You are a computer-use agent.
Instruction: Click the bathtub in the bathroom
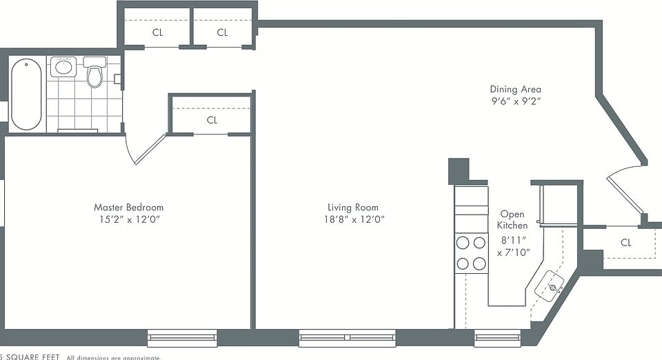[x=26, y=94]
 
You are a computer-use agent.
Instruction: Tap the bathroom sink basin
[x=64, y=67]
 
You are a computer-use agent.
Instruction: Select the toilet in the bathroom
[x=94, y=73]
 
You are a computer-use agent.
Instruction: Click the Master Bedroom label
[x=129, y=208]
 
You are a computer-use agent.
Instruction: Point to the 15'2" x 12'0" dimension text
[x=129, y=219]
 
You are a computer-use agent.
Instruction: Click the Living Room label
[x=352, y=208]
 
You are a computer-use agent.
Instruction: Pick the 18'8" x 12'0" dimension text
[x=352, y=219]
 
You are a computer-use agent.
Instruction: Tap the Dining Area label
[x=515, y=89]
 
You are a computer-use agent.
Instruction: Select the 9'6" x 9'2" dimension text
[x=515, y=101]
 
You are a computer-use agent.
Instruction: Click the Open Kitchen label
[x=513, y=220]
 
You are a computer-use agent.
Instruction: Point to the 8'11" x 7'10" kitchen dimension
[x=513, y=247]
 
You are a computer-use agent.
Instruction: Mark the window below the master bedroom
[x=182, y=337]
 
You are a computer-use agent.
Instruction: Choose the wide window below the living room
[x=348, y=337]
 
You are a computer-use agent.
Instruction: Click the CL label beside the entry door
[x=625, y=243]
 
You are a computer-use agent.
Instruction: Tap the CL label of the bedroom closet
[x=212, y=120]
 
